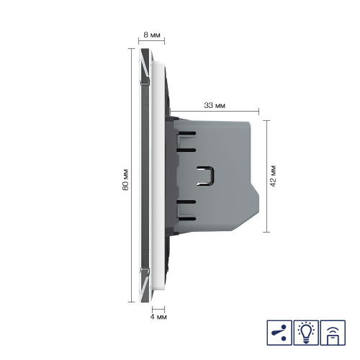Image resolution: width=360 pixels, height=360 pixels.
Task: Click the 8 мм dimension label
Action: (152, 35)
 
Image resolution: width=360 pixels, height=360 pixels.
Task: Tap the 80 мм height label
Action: (125, 180)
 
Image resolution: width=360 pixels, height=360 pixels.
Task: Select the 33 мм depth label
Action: (215, 105)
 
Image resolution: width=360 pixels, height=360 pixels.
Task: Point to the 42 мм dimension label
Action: (273, 176)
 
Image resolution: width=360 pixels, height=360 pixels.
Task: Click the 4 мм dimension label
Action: (158, 317)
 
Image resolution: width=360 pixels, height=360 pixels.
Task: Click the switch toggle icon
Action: (279, 333)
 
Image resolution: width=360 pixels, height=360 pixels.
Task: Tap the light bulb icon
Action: (306, 333)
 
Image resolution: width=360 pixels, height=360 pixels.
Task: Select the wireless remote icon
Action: (333, 333)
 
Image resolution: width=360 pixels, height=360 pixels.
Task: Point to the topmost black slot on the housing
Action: (186, 132)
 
